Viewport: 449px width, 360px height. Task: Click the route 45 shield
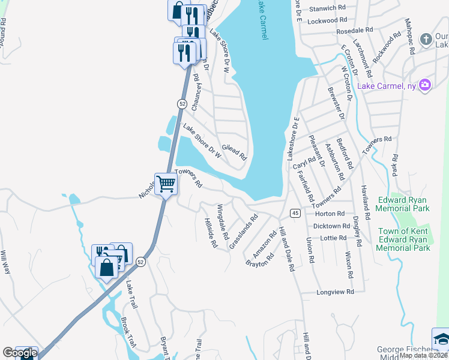295,213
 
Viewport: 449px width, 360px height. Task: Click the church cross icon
426,40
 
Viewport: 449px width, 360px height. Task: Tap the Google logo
19,352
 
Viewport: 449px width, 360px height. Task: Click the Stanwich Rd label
327,9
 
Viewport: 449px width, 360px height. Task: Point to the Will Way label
6,262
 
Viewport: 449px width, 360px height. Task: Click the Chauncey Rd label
196,92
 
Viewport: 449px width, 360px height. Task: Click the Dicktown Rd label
331,226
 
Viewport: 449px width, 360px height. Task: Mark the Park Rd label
394,166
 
